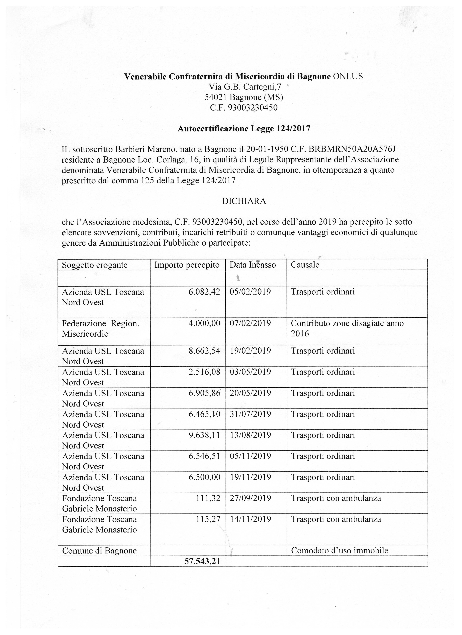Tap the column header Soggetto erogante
click(x=95, y=265)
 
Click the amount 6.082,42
click(x=204, y=292)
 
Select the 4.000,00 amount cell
click(x=204, y=323)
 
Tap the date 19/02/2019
click(x=250, y=351)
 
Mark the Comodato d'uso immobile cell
click(x=340, y=551)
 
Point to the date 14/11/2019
click(x=250, y=519)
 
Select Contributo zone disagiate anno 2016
click(x=347, y=328)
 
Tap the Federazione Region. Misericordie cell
click(x=101, y=328)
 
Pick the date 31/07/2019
click(x=250, y=414)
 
